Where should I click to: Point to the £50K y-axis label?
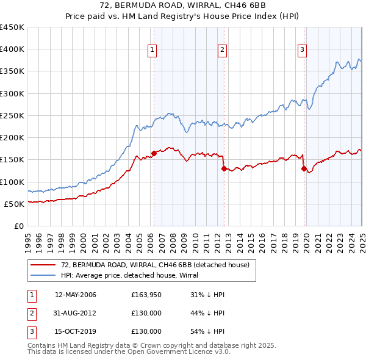[x=13, y=204]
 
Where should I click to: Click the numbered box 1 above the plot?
[x=151, y=50]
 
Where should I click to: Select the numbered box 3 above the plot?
[x=302, y=50]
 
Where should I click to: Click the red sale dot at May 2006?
[x=154, y=154]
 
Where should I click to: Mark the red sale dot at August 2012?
[x=224, y=168]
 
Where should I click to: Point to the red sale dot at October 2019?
[x=304, y=168]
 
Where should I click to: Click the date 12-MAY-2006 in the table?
[x=76, y=295]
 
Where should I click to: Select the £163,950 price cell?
[x=146, y=295]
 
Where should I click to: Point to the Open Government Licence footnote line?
[x=129, y=352]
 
